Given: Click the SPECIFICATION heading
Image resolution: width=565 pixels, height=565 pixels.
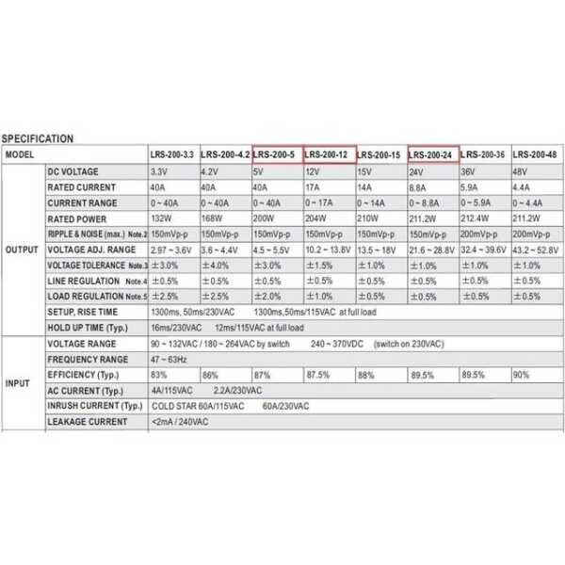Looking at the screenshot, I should pyautogui.click(x=38, y=138).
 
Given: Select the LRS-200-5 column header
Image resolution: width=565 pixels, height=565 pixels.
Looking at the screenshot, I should pyautogui.click(x=275, y=154).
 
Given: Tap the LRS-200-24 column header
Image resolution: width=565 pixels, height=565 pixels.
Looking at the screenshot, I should pyautogui.click(x=432, y=154).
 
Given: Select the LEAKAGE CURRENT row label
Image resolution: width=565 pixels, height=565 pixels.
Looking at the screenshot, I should pyautogui.click(x=88, y=422).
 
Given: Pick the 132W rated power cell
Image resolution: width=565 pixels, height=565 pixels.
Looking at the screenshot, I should pyautogui.click(x=163, y=218).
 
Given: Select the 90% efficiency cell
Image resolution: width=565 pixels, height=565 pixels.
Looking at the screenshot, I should pyautogui.click(x=520, y=375).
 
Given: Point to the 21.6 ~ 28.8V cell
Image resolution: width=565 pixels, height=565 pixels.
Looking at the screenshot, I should pyautogui.click(x=432, y=250).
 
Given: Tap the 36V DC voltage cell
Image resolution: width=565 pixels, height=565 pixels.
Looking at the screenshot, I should pyautogui.click(x=469, y=172).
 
